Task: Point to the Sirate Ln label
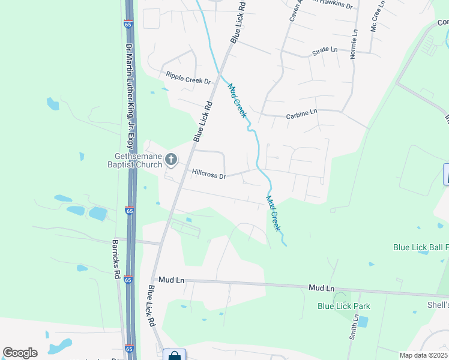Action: (325, 52)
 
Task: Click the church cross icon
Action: (171, 160)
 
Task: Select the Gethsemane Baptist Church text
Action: (135, 160)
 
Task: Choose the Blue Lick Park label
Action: (344, 306)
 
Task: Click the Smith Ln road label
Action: (355, 328)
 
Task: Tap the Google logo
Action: (20, 353)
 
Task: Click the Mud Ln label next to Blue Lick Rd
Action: (169, 280)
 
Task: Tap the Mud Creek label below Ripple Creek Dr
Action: (237, 100)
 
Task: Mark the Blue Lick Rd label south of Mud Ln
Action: (151, 305)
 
